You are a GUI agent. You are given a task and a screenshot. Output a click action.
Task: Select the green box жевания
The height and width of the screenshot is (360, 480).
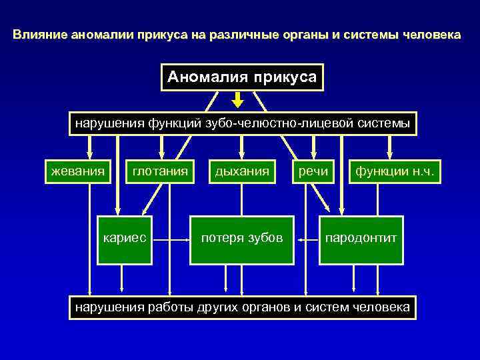(x=78, y=172)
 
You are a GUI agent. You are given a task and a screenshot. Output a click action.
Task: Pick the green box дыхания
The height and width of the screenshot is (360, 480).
(x=241, y=172)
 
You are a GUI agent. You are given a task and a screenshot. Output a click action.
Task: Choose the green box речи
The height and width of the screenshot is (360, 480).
(x=313, y=172)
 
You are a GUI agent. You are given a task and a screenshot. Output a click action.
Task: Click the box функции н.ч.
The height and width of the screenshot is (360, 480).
(x=395, y=172)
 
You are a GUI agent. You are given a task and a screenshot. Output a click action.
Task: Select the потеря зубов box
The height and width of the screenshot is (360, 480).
(x=242, y=237)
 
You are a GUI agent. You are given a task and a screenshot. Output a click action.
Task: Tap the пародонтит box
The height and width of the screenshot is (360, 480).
(x=361, y=237)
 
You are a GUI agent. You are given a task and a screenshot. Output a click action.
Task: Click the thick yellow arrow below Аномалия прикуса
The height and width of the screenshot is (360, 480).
(x=237, y=100)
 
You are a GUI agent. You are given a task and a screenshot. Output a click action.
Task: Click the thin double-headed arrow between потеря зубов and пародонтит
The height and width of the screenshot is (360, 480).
(x=307, y=237)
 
